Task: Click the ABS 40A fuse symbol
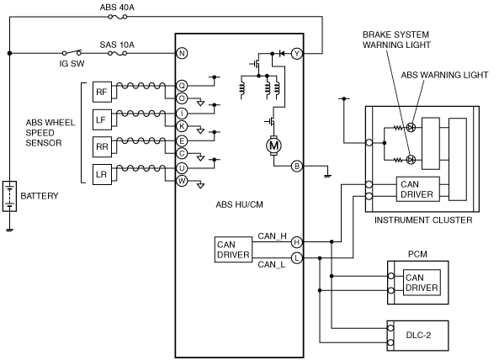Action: pos(118,17)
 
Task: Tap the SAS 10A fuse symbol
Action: pos(118,53)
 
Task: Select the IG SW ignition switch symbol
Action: pos(72,52)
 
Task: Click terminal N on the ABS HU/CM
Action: pos(182,53)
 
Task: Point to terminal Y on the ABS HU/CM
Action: pos(297,54)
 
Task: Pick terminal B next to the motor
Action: pos(297,166)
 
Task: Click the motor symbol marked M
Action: pos(273,146)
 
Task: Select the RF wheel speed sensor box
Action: pos(102,92)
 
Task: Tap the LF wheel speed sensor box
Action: pos(102,119)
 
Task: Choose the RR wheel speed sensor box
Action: pos(102,147)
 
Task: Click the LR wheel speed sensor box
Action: pos(102,174)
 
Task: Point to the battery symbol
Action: pos(9,196)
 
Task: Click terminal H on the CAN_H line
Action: pos(297,242)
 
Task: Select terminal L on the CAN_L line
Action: pos(297,257)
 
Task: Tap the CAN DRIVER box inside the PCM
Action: pos(422,283)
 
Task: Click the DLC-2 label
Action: pos(418,336)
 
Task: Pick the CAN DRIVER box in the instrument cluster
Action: pos(418,189)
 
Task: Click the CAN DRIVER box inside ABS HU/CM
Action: pos(234,250)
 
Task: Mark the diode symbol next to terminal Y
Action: pos(281,54)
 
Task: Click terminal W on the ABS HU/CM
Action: pos(182,181)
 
